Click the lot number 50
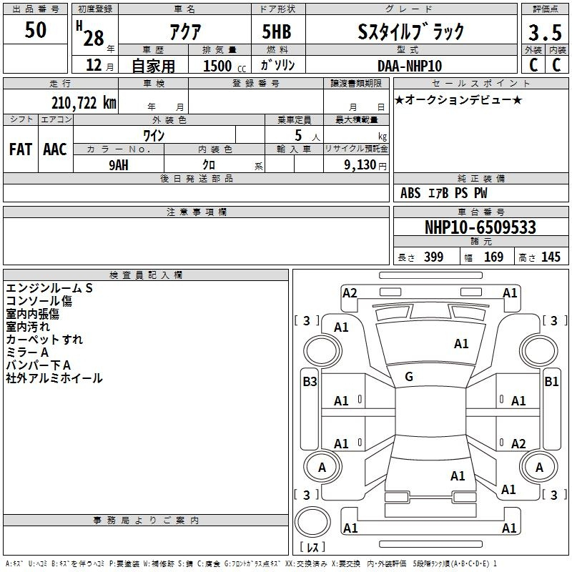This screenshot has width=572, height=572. tap(35, 30)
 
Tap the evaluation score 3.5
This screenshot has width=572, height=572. tap(545, 33)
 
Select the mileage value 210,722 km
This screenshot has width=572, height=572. tap(84, 102)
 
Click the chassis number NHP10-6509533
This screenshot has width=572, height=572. tap(480, 227)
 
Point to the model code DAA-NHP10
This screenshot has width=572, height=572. tap(410, 66)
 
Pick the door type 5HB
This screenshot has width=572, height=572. tap(277, 31)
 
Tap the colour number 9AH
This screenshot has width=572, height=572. tap(119, 165)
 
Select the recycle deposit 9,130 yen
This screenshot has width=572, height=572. tap(365, 165)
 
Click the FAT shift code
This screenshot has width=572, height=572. tap(21, 149)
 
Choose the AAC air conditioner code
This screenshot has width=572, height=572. tap(55, 149)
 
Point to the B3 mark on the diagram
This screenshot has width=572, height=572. tap(310, 382)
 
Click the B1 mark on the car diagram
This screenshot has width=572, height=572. tap(551, 382)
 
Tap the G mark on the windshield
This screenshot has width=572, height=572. tap(409, 377)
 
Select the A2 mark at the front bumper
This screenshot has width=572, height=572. tap(350, 293)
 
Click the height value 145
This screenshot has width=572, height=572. tap(551, 257)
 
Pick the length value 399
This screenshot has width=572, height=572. tap(434, 257)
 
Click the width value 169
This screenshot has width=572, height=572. tap(493, 257)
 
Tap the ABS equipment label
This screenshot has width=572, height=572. tap(410, 193)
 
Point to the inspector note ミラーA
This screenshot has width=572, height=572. tap(27, 352)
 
